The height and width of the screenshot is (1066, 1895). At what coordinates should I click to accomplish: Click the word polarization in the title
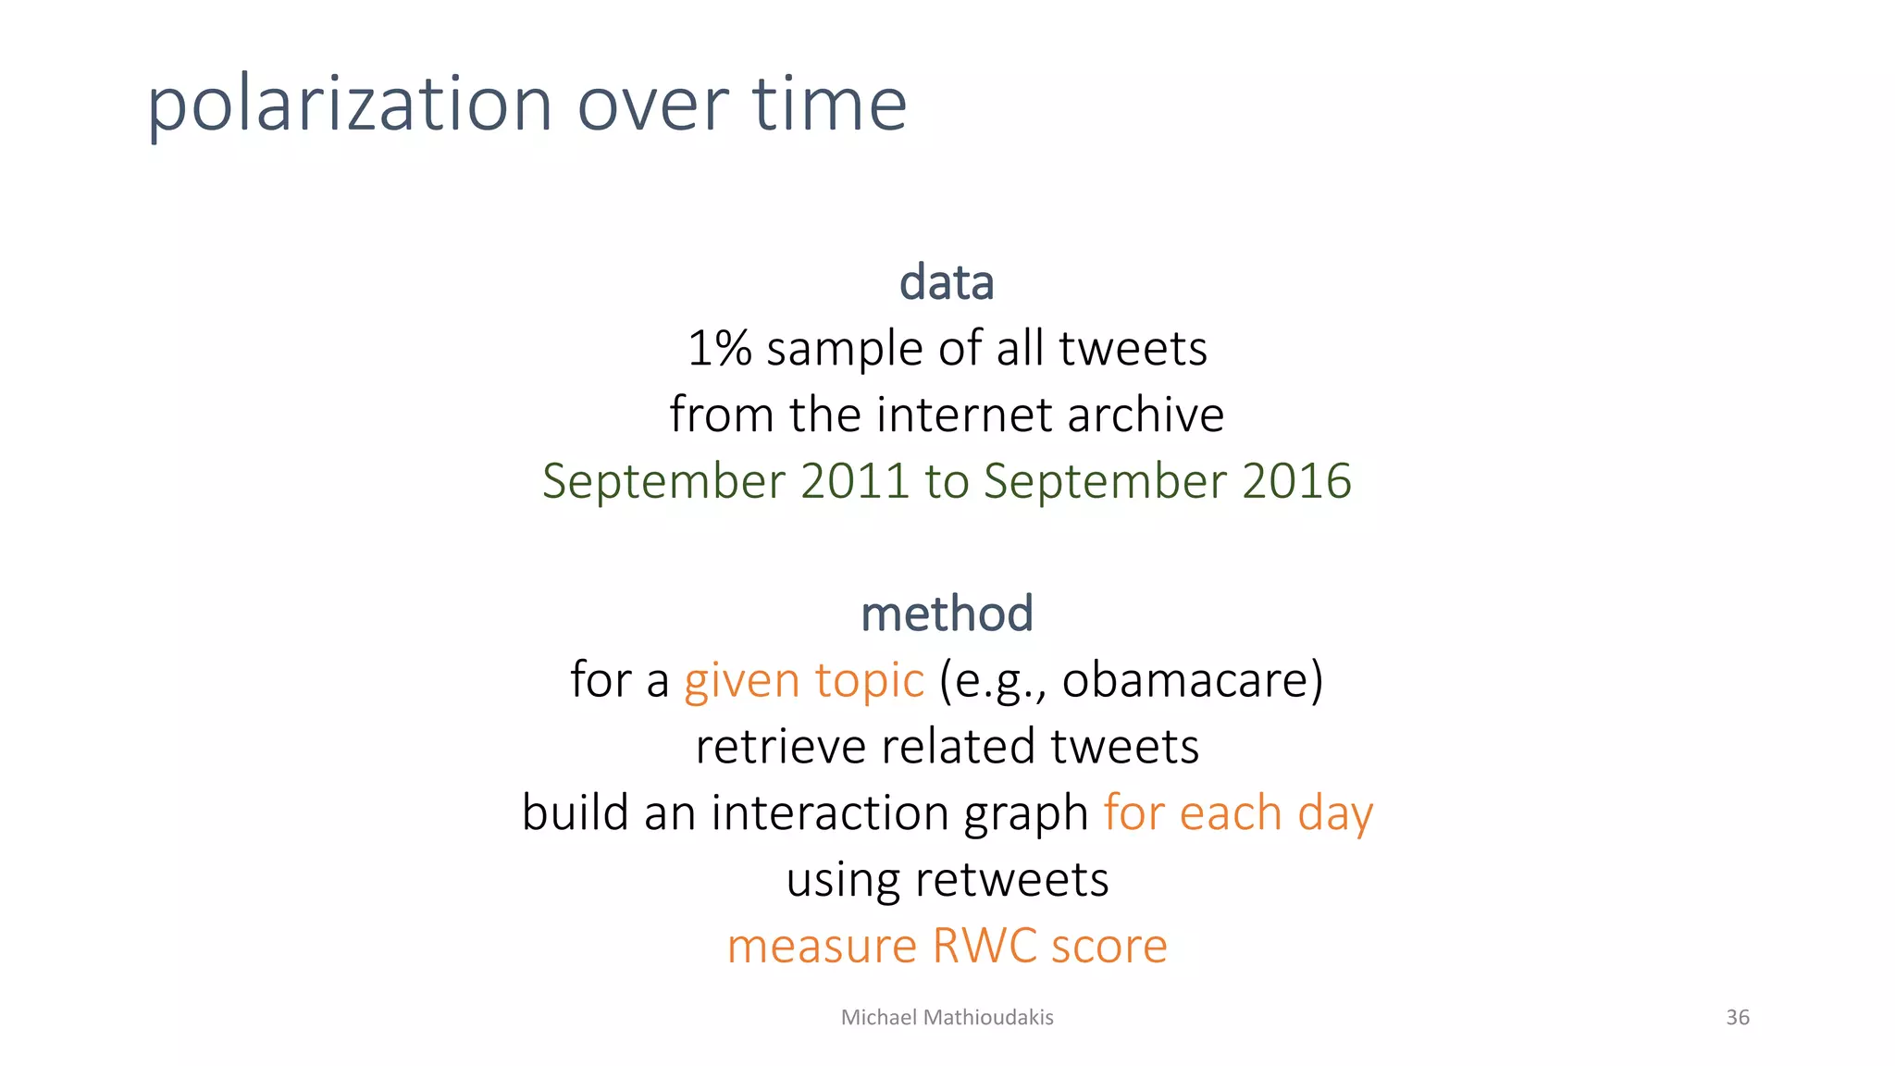[350, 104]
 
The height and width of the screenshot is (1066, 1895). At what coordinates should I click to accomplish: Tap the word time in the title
[829, 104]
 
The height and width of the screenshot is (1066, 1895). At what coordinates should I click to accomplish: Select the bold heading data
[947, 282]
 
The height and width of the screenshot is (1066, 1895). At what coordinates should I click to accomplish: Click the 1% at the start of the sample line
[719, 349]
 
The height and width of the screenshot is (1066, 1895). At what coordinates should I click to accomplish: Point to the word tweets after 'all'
[1133, 349]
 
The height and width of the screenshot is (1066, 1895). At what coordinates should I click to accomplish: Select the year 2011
[855, 481]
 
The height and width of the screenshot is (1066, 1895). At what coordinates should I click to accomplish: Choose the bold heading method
[947, 614]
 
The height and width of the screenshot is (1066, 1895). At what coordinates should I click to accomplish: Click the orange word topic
[869, 680]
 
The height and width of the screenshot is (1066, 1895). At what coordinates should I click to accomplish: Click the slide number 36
[1738, 1018]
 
